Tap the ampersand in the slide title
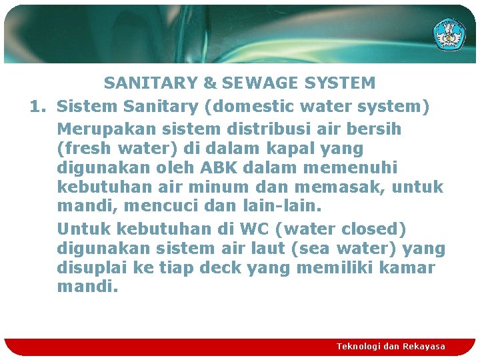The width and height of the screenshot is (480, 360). pyautogui.click(x=210, y=83)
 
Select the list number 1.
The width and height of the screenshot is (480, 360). pyautogui.click(x=37, y=106)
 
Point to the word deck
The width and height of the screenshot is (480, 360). pyautogui.click(x=221, y=268)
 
